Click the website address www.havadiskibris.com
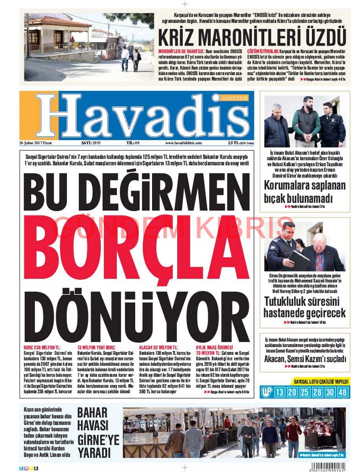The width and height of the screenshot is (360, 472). (x=184, y=143)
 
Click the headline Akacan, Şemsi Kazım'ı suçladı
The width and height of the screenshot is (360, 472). (x=304, y=358)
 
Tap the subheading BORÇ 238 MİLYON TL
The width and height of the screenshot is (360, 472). (x=42, y=348)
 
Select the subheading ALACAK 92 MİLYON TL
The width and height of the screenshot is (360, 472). (x=159, y=348)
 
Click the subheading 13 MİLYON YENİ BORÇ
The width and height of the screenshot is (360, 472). (x=96, y=348)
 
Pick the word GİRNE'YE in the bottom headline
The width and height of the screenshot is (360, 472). (x=98, y=440)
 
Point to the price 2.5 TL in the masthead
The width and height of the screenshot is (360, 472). (x=234, y=143)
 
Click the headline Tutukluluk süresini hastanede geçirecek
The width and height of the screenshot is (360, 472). (x=304, y=307)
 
